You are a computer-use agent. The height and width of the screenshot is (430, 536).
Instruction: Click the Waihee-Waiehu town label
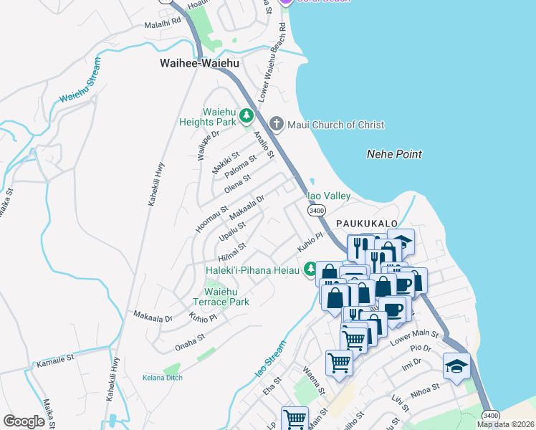tap(198, 64)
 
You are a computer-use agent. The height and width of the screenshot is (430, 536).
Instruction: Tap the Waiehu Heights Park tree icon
tap(247, 115)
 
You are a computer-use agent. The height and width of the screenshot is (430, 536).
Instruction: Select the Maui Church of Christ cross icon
tap(277, 125)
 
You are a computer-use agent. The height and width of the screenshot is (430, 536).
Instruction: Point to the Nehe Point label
tap(393, 154)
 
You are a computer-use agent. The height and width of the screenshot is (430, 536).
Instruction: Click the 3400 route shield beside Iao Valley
tap(316, 211)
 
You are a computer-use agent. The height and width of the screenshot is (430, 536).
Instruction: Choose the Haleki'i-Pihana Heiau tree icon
tap(310, 270)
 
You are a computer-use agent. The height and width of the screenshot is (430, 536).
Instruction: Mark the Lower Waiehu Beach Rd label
tap(273, 61)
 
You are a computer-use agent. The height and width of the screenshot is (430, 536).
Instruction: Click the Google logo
tap(24, 421)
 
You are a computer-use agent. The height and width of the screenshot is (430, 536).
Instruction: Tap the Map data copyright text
tap(504, 424)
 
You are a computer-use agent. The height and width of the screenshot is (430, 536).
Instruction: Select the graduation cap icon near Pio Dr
tap(456, 366)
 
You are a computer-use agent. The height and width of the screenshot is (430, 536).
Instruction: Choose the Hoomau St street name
tap(211, 219)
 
